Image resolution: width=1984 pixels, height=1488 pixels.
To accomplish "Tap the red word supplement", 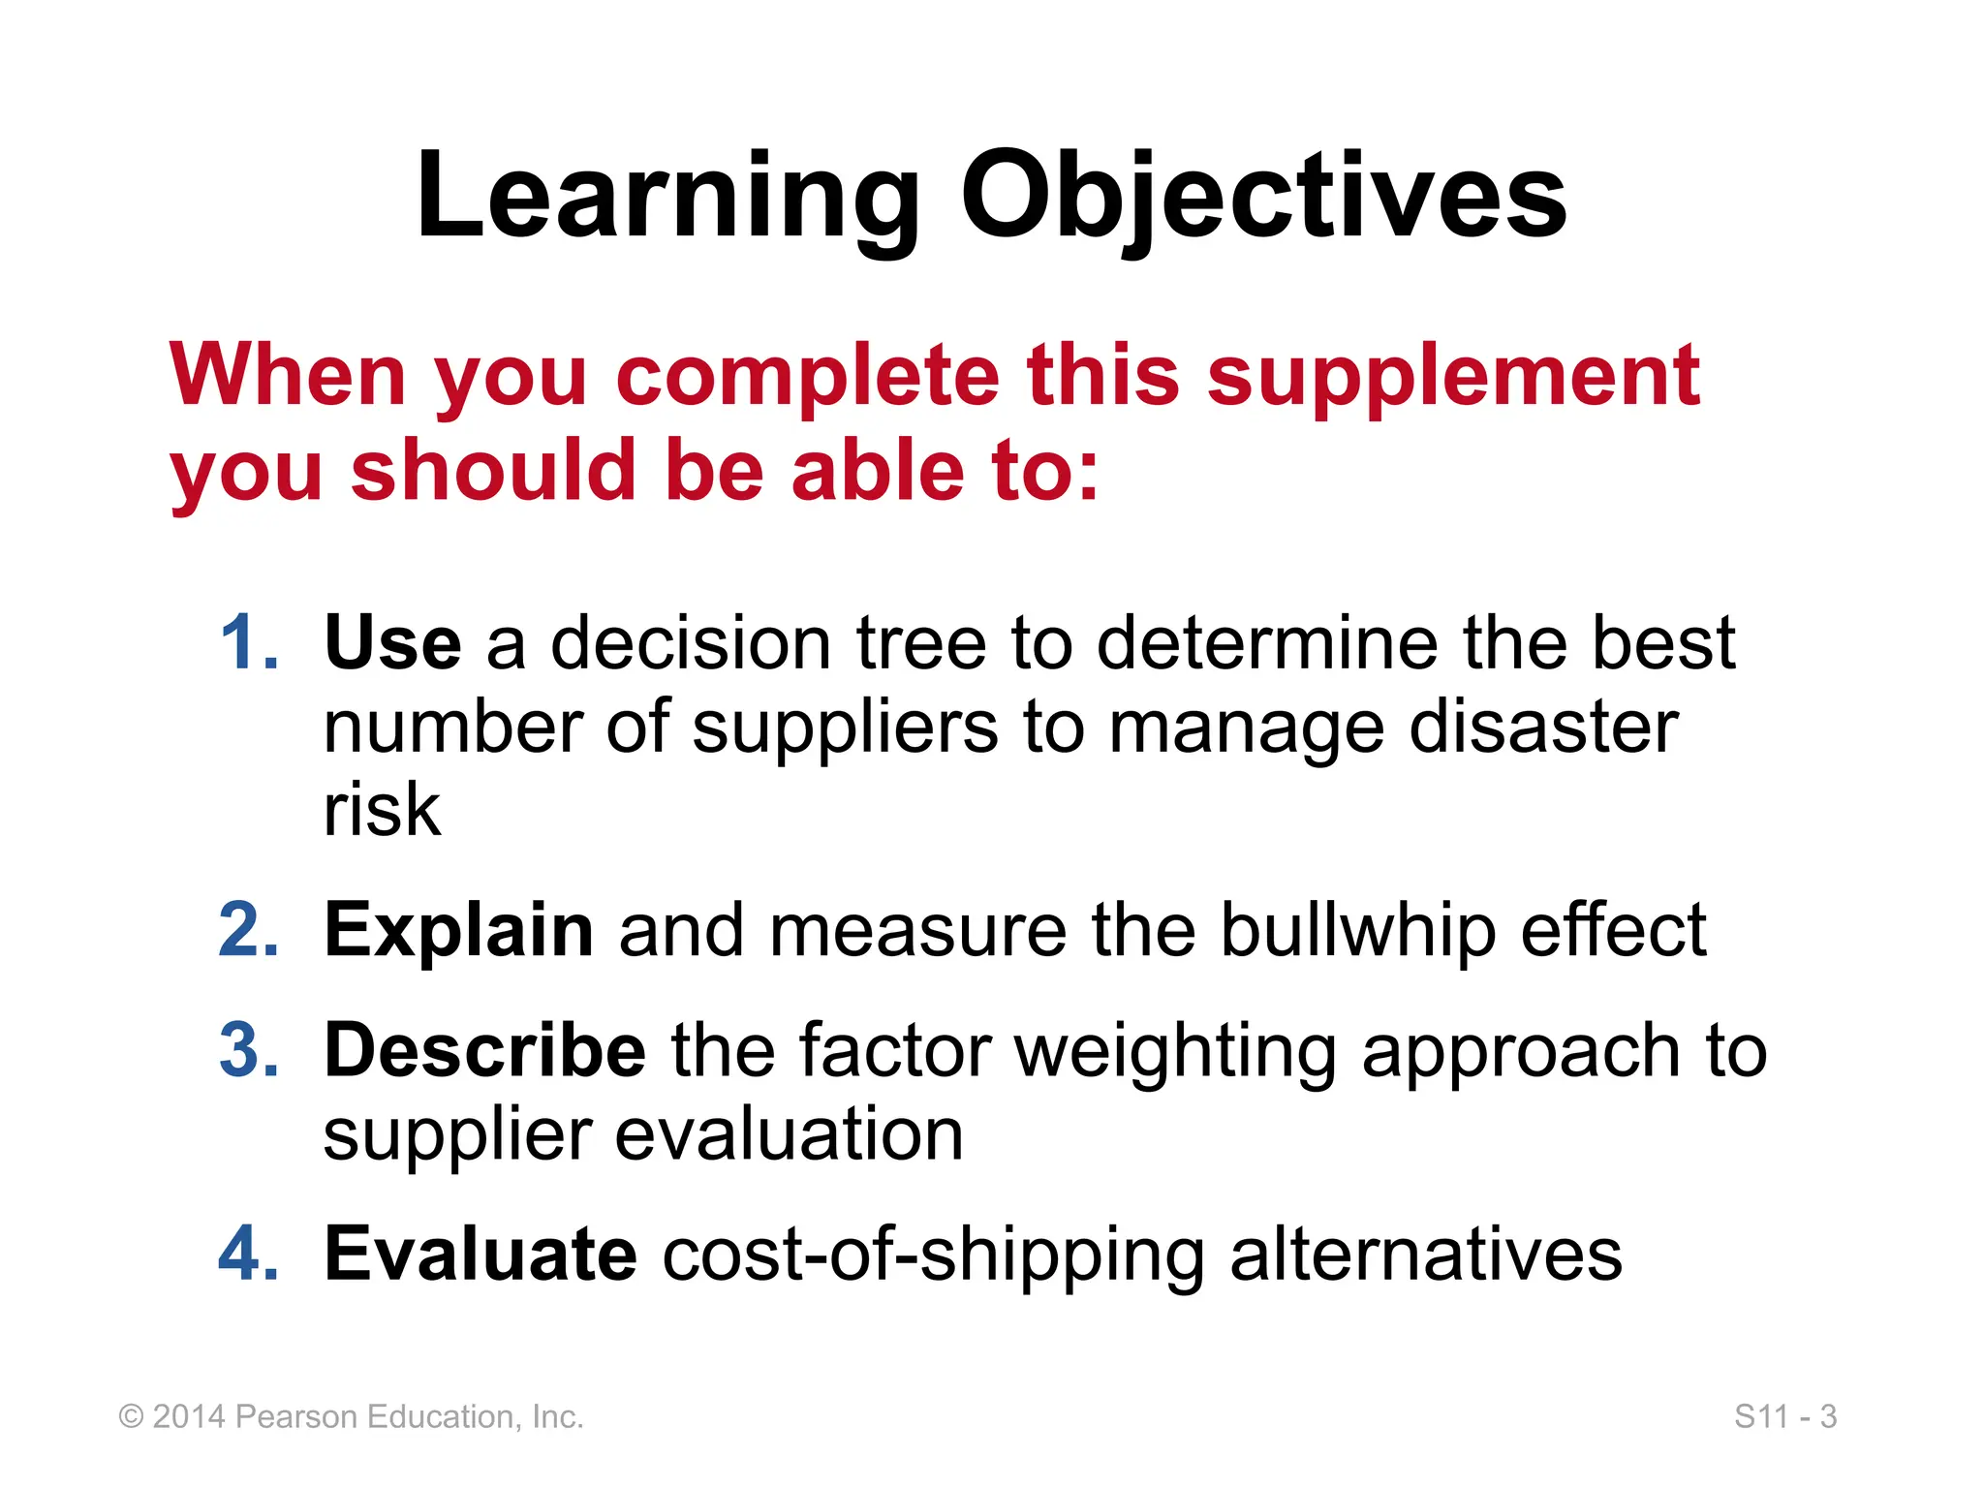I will pyautogui.click(x=1452, y=378).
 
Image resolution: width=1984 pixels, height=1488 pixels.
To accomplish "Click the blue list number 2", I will pyautogui.click(x=249, y=930).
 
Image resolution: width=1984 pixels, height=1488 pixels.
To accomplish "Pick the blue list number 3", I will pyautogui.click(x=249, y=1050).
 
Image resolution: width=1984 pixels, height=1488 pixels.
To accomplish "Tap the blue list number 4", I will pyautogui.click(x=249, y=1254).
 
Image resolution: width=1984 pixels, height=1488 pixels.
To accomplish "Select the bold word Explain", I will pyautogui.click(x=458, y=930).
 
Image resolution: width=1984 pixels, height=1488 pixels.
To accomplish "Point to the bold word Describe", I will pyautogui.click(x=484, y=1050).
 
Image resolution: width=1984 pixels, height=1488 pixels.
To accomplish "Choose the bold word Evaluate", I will pyautogui.click(x=480, y=1254).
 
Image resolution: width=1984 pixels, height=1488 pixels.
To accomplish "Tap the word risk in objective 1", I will pyautogui.click(x=382, y=809).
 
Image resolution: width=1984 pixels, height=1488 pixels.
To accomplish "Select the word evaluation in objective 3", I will pyautogui.click(x=789, y=1134).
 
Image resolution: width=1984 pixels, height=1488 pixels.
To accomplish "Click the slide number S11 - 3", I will pyautogui.click(x=1784, y=1416).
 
